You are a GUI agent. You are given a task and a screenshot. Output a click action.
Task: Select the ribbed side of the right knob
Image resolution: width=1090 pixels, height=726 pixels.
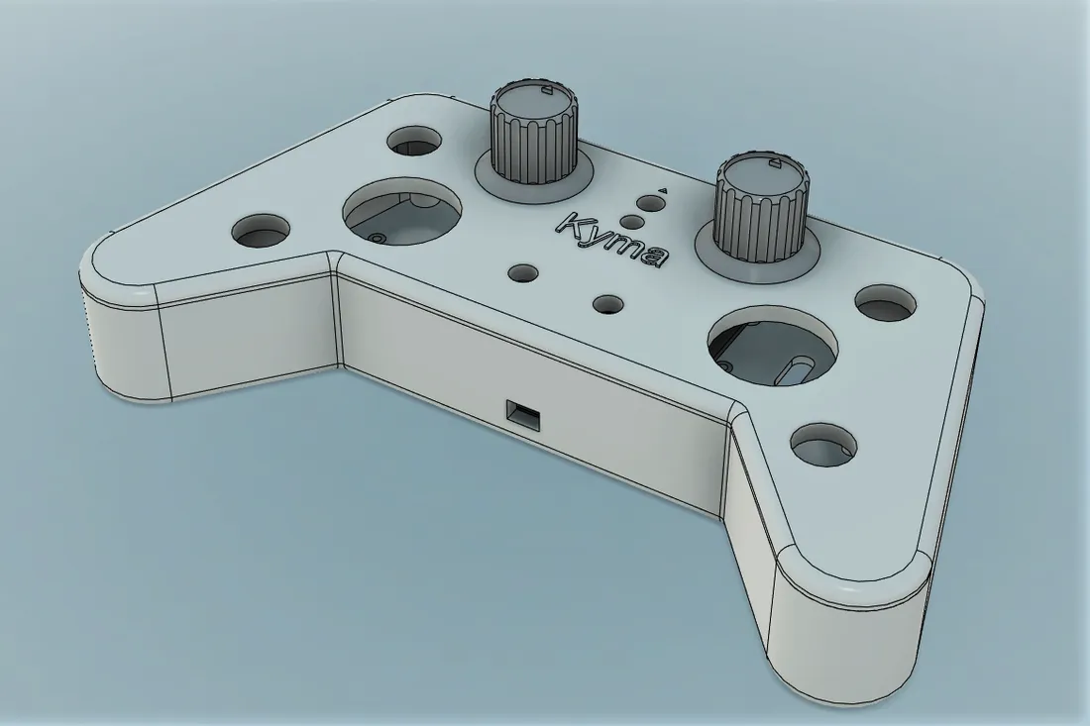[x=758, y=223]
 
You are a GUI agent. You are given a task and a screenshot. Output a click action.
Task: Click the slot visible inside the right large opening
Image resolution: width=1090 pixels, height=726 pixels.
[x=798, y=369]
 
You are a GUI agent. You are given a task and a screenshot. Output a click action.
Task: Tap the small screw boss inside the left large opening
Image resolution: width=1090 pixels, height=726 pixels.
[x=378, y=238]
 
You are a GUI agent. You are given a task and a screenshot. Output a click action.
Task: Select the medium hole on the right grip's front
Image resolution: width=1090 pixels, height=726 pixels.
[x=823, y=445]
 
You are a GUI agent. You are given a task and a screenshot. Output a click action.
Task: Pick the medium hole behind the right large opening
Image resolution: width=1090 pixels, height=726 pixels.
[x=888, y=302]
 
